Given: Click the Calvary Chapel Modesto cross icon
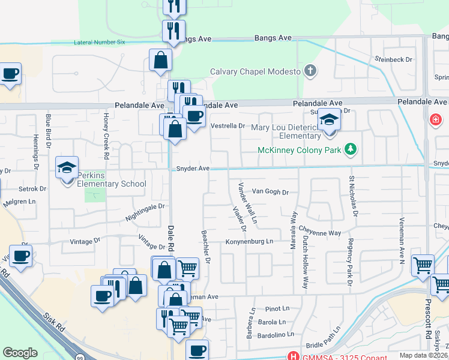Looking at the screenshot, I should pyautogui.click(x=310, y=71).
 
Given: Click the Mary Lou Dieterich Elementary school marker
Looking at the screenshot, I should pyautogui.click(x=328, y=121).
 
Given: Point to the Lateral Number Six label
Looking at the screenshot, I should pyautogui.click(x=99, y=43).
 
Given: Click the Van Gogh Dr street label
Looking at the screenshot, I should pyautogui.click(x=270, y=192).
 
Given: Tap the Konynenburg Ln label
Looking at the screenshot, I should pyautogui.click(x=249, y=242).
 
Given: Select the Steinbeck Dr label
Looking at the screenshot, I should pyautogui.click(x=393, y=59).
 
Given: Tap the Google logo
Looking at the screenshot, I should pyautogui.click(x=20, y=353).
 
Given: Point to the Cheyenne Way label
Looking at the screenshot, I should pyautogui.click(x=320, y=232).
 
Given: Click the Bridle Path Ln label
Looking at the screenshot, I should pyautogui.click(x=323, y=346).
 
